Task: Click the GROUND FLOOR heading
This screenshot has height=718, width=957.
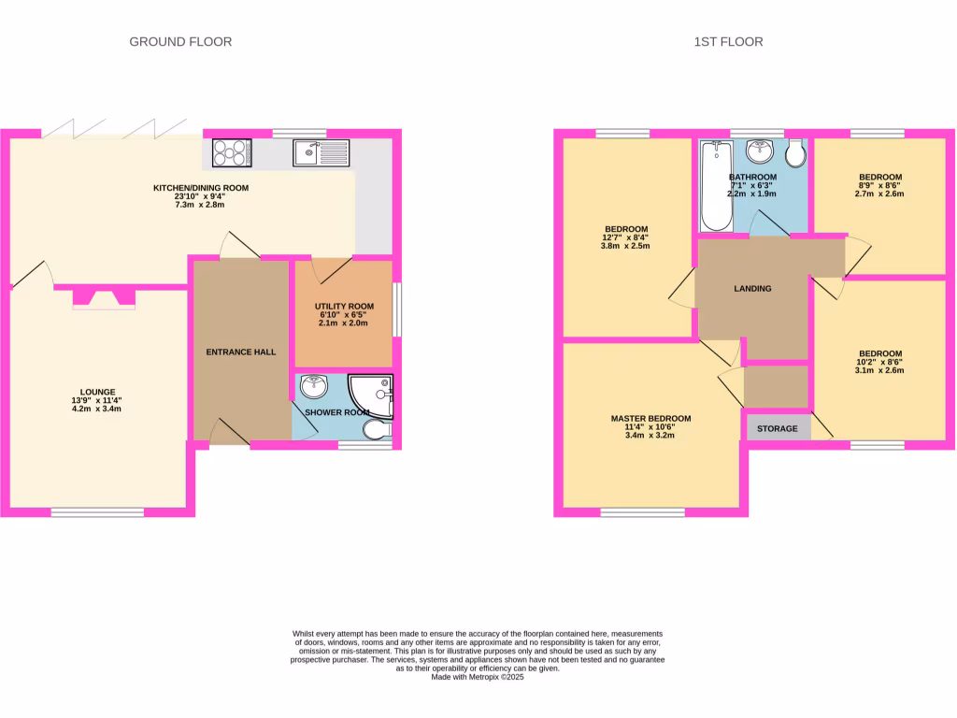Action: (x=180, y=41)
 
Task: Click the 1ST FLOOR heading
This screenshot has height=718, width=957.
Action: (x=728, y=41)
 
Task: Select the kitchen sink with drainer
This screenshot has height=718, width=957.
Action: (x=320, y=152)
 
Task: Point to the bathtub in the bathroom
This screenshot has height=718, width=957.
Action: (x=716, y=185)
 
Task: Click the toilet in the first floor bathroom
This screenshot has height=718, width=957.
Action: (x=796, y=153)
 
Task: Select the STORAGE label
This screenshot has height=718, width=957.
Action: (x=778, y=429)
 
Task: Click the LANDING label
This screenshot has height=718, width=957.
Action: (x=752, y=289)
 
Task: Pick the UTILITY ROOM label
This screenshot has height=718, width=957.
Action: (x=344, y=307)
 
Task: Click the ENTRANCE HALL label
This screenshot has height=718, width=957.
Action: (x=241, y=352)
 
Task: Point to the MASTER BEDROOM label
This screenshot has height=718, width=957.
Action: (x=651, y=419)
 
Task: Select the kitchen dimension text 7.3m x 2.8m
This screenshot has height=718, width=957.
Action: (x=201, y=205)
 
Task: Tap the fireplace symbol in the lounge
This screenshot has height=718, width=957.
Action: (x=104, y=298)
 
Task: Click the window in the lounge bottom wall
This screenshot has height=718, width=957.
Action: (x=97, y=511)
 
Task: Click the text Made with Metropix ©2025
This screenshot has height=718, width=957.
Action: (x=478, y=677)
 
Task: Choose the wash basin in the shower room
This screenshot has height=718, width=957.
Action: (x=315, y=384)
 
